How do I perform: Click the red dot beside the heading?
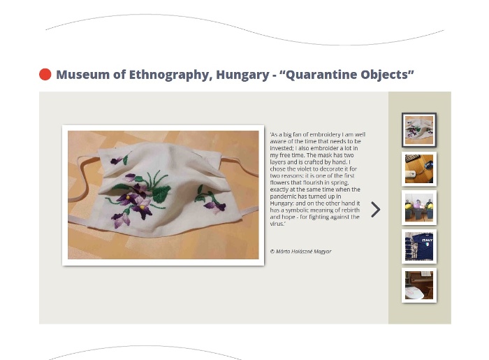pyautogui.click(x=45, y=75)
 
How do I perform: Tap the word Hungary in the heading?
pyautogui.click(x=242, y=75)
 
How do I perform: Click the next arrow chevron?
pyautogui.click(x=376, y=209)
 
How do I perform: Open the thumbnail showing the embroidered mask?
pyautogui.click(x=419, y=130)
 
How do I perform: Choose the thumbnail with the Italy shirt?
pyautogui.click(x=419, y=247)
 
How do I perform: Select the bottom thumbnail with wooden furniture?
pyautogui.click(x=419, y=285)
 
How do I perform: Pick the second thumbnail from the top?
pyautogui.click(x=419, y=168)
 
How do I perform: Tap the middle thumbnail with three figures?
pyautogui.click(x=419, y=208)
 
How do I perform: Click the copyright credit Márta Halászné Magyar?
pyautogui.click(x=300, y=252)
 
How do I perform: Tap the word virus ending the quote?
pyautogui.click(x=277, y=224)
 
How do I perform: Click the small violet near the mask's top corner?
pyautogui.click(x=117, y=161)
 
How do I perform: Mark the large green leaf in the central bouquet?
pyautogui.click(x=161, y=194)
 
